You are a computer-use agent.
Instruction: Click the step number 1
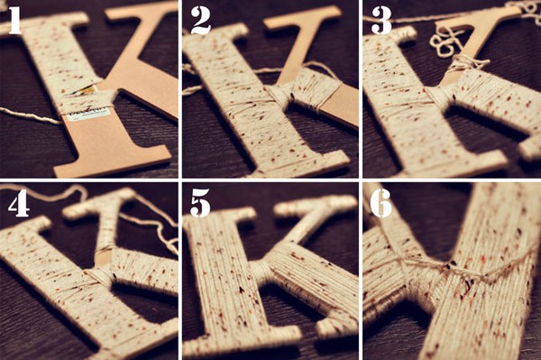coord(14,21)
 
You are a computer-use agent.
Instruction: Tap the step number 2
coord(200,21)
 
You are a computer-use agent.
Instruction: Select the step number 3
coord(381,21)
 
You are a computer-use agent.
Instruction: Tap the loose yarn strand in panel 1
coord(31,116)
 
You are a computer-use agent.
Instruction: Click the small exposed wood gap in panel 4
coord(103,258)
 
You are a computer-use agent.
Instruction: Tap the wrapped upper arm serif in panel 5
coord(310,208)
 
